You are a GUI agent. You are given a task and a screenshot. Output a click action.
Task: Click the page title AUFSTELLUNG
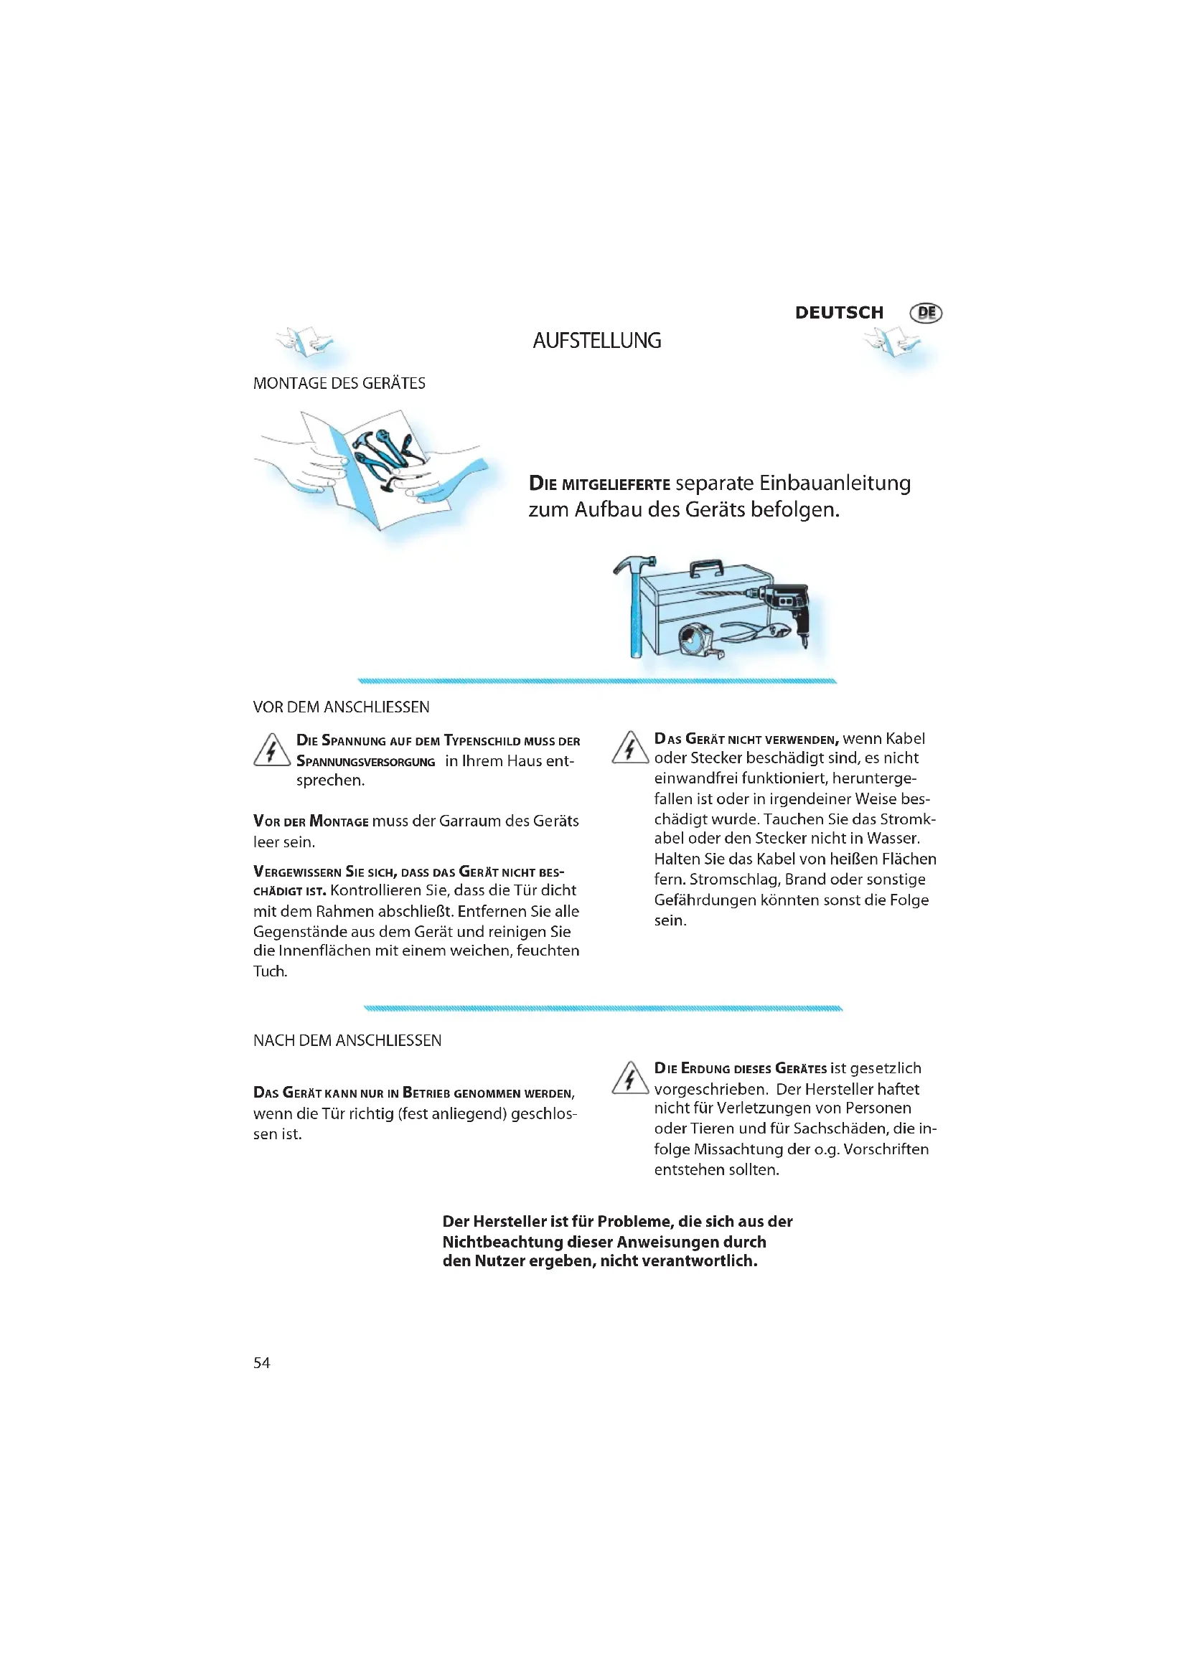pos(596,341)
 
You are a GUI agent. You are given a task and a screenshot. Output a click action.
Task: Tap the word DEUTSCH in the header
pos(838,313)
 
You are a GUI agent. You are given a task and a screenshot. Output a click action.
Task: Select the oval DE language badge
pos(925,313)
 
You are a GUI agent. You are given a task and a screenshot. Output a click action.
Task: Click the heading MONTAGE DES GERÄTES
pos(339,384)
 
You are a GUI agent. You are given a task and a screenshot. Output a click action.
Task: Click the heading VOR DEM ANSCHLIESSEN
pos(342,707)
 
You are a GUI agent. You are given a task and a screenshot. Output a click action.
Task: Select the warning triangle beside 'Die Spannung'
pos(271,750)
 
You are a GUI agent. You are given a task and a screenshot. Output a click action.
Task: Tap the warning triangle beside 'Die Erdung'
pos(629,1079)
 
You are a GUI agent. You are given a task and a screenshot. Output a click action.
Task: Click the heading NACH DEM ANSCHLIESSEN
pos(347,1041)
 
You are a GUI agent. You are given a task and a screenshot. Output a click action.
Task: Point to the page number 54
pos(262,1363)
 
